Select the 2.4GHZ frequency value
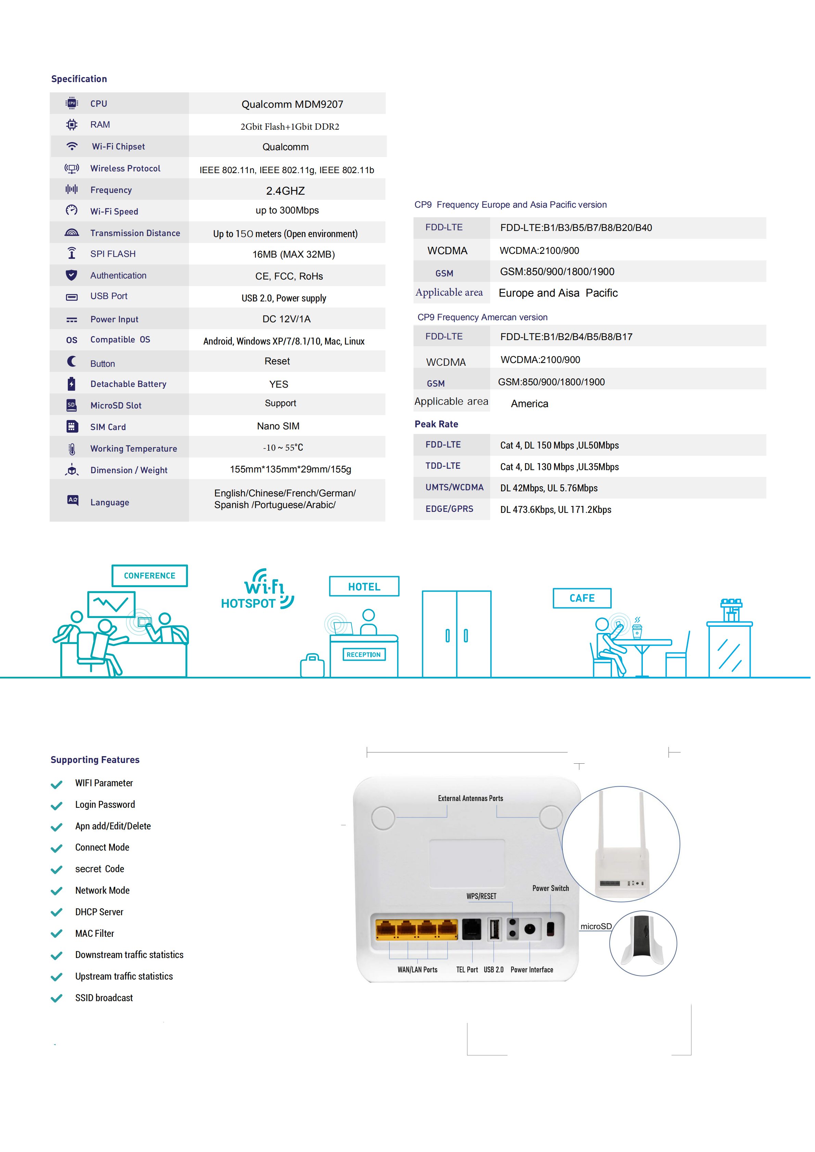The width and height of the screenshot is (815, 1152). tap(285, 191)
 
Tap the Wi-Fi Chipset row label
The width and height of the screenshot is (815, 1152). tap(118, 146)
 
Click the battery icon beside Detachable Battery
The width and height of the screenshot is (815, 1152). tap(72, 384)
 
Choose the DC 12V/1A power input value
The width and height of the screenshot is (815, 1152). tap(286, 319)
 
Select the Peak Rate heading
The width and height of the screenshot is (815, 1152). tap(436, 424)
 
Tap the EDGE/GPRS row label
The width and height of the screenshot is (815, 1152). tap(449, 509)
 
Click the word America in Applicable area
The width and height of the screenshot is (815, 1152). tap(530, 404)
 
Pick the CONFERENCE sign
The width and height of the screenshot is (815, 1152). tap(150, 575)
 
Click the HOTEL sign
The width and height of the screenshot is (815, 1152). tap(364, 586)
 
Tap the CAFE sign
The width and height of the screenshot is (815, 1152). tap(582, 598)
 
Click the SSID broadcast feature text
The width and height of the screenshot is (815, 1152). tap(104, 998)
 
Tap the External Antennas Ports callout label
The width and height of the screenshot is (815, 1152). tap(470, 798)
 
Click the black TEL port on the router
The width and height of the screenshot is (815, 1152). tap(471, 929)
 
